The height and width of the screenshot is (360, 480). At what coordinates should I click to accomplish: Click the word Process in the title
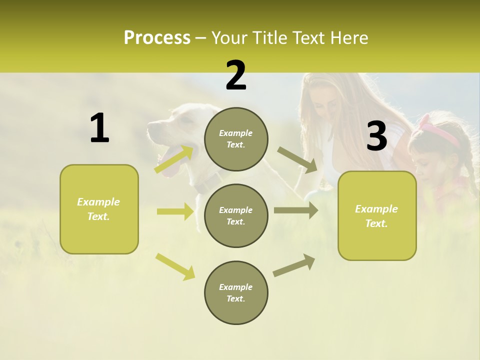coord(157,38)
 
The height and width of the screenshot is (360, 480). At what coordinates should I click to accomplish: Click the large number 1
coord(99,128)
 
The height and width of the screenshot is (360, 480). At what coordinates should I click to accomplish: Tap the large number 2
coord(236,75)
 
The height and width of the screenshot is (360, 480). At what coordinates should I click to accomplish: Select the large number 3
coord(376,136)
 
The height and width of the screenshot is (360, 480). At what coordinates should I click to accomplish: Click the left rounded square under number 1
coord(99,209)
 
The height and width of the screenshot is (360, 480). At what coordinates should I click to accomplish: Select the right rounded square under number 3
coord(377,215)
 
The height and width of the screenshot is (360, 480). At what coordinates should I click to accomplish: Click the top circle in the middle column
coord(236,139)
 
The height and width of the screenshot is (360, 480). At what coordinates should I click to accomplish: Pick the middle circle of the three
coord(236,215)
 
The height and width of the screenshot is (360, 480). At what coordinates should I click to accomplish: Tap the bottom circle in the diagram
coord(236,292)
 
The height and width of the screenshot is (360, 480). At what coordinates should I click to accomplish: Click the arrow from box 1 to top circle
coord(174,159)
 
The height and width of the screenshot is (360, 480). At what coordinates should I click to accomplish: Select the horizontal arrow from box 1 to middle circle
coord(175,211)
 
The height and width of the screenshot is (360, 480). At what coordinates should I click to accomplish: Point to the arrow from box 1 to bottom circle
coord(175,266)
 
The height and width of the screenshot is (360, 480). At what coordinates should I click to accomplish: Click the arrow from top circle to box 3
coord(297,159)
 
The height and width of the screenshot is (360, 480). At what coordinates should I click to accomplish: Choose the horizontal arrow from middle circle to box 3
coord(296,210)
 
